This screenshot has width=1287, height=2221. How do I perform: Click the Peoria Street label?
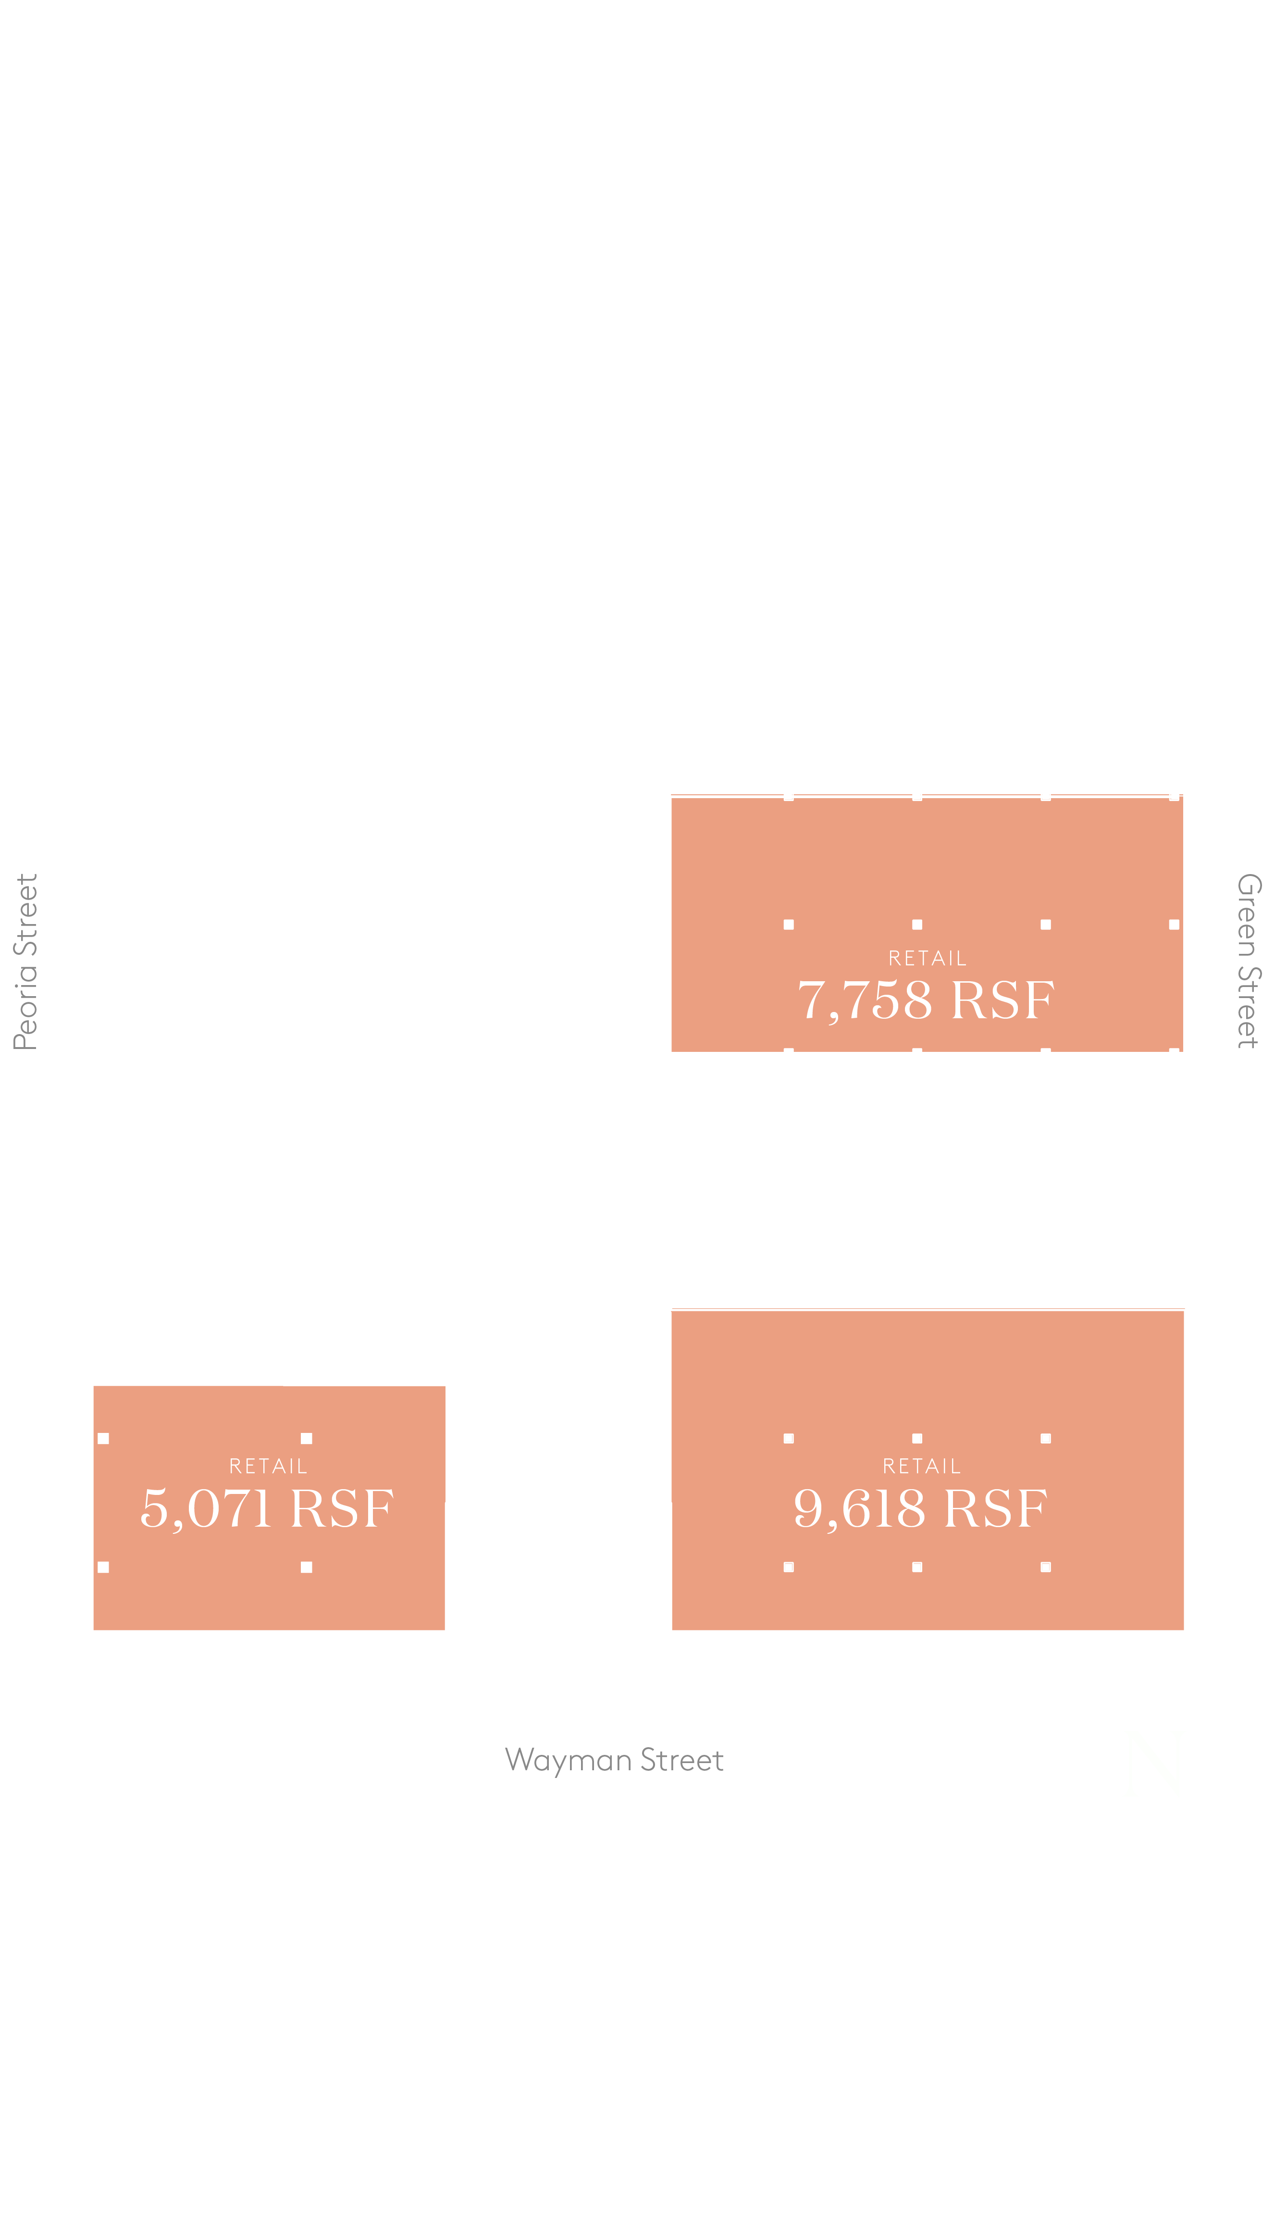coord(25,962)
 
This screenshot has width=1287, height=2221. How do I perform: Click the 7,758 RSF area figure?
coord(926,1000)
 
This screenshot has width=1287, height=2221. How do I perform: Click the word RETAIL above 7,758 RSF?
coord(928,958)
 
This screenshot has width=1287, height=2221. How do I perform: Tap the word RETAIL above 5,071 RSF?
coord(268,1466)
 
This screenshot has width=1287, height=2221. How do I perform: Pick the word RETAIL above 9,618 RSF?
coord(921,1466)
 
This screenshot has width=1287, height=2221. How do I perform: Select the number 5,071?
coord(205,1509)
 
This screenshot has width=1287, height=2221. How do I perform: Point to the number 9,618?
coord(859,1509)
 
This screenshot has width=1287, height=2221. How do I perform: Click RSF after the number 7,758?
coord(1003,1000)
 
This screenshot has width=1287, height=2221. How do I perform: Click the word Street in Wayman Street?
coord(681,1759)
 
